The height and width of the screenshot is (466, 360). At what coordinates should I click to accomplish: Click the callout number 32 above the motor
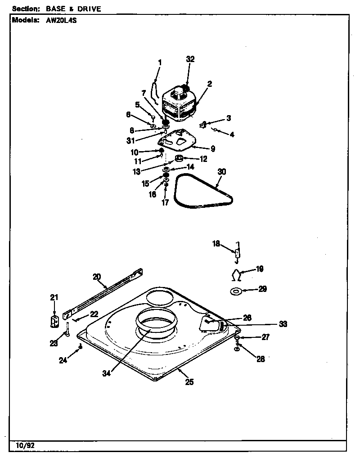pyautogui.click(x=190, y=59)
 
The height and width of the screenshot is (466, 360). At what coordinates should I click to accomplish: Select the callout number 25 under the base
pyautogui.click(x=189, y=382)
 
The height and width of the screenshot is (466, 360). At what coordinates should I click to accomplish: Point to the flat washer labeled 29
pyautogui.click(x=236, y=291)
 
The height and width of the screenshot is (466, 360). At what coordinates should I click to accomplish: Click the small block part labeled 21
pyautogui.click(x=54, y=322)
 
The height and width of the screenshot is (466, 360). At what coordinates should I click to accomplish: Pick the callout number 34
pyautogui.click(x=106, y=373)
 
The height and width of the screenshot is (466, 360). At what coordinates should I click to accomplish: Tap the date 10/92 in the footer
pyautogui.click(x=25, y=445)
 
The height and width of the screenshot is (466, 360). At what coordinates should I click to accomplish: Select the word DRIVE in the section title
pyautogui.click(x=89, y=9)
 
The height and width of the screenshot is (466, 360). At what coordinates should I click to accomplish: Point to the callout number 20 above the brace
pyautogui.click(x=97, y=277)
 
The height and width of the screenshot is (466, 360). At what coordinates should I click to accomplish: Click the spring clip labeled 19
pyautogui.click(x=236, y=275)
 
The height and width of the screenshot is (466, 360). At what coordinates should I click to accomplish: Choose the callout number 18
pyautogui.click(x=216, y=244)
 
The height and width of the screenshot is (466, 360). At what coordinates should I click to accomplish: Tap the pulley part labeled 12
pyautogui.click(x=179, y=158)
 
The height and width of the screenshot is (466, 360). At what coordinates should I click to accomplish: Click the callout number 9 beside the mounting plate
pyautogui.click(x=213, y=148)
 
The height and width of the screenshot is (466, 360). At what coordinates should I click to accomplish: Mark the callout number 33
pyautogui.click(x=283, y=324)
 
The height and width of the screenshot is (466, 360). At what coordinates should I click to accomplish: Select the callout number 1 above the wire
pyautogui.click(x=160, y=63)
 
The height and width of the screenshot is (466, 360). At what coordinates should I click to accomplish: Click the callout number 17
pyautogui.click(x=165, y=202)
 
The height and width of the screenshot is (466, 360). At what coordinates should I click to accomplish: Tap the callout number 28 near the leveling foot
pyautogui.click(x=261, y=359)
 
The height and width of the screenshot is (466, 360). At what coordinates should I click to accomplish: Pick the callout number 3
pyautogui.click(x=229, y=118)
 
